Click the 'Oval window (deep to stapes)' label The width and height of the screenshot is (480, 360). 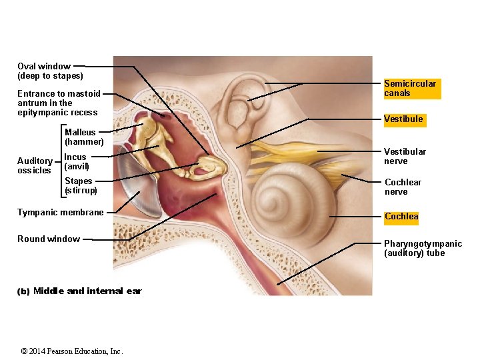[50, 71]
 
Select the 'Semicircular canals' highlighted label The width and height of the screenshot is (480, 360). [410, 88]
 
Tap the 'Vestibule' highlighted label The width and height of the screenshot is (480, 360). [403, 119]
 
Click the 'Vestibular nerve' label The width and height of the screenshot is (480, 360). [405, 156]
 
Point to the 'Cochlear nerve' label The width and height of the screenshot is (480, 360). [403, 187]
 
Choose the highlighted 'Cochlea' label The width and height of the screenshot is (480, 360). [401, 217]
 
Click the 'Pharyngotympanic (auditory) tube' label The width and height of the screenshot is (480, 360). [423, 248]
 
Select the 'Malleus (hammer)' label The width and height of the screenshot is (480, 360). [84, 137]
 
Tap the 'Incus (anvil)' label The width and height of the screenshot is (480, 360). [76, 161]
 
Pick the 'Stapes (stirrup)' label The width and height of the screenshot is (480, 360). [81, 185]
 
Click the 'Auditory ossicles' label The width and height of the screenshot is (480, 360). [35, 165]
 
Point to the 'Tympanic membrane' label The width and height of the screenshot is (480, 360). [61, 213]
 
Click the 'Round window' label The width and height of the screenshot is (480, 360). [49, 239]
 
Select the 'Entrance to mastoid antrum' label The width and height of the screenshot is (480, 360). [59, 103]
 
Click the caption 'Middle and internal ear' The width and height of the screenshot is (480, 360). [87, 291]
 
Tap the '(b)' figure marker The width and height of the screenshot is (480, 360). [23, 291]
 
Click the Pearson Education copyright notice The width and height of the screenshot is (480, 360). [71, 351]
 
